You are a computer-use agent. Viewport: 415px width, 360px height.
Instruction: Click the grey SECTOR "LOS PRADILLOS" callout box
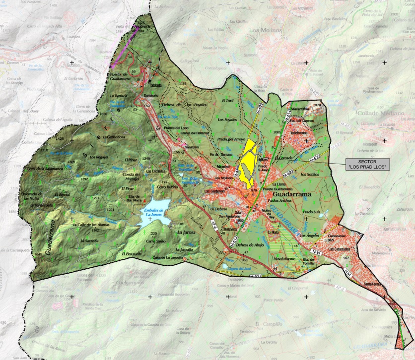[x=367, y=165]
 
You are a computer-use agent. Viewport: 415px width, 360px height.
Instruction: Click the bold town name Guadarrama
[x=291, y=195]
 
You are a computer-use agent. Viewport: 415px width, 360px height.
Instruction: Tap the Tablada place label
[x=156, y=85]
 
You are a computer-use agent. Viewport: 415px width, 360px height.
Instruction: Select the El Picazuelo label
[x=131, y=253]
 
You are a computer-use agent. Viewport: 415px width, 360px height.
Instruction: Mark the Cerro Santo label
[x=154, y=241]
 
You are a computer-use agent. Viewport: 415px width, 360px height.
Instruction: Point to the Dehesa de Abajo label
[x=248, y=244]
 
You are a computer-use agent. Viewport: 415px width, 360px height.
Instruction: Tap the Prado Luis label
[x=313, y=212]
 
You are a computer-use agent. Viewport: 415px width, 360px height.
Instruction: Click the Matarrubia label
[x=300, y=108]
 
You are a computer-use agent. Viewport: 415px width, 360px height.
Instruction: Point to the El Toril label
[x=227, y=100]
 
